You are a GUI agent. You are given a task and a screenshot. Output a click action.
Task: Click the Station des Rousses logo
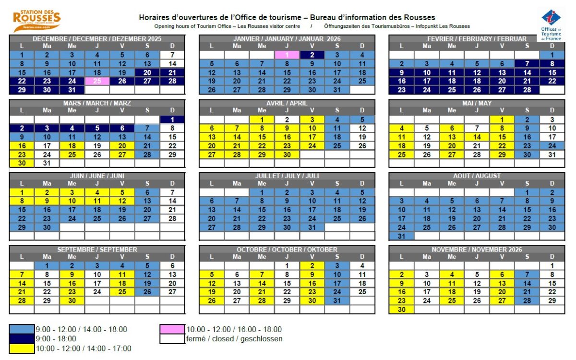36,21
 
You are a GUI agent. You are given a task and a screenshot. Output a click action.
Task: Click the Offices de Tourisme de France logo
551,25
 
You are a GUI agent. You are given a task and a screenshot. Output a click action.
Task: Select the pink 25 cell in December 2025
97,81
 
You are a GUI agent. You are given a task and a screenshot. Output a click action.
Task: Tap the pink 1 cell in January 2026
287,55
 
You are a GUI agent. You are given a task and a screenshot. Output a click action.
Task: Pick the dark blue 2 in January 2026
312,55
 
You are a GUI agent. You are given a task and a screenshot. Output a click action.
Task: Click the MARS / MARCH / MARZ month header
97,103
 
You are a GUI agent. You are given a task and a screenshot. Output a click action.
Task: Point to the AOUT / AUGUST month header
477,176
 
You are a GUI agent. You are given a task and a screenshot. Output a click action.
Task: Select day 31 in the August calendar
401,236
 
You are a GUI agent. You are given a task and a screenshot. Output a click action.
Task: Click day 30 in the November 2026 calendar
401,310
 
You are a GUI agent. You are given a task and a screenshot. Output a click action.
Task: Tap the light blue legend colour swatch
22,329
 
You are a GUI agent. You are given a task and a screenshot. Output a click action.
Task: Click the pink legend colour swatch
172,329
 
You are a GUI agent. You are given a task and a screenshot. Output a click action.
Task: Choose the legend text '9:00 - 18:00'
56,339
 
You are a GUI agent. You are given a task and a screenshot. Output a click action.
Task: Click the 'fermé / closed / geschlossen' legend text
234,339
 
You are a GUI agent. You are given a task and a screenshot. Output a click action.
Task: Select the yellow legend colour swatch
22,348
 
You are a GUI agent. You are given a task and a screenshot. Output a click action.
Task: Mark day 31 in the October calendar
337,301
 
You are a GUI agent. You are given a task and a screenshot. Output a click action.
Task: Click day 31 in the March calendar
47,163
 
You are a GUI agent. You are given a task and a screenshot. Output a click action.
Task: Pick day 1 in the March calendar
172,120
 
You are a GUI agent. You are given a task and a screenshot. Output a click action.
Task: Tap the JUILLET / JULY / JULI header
287,176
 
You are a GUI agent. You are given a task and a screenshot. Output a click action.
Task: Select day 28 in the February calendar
527,90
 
